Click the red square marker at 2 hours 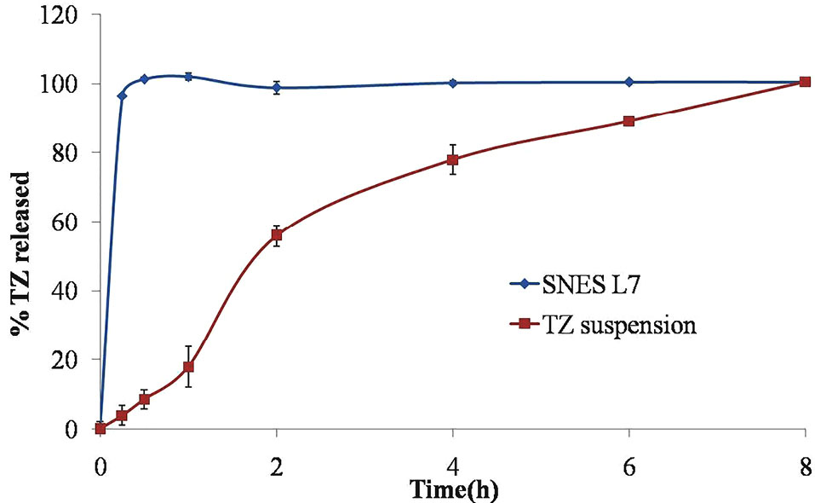[x=277, y=234]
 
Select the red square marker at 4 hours [x=452, y=159]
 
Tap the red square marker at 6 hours [x=628, y=121]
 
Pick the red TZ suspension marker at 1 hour [x=189, y=367]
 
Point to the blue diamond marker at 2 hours [x=277, y=88]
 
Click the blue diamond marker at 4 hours [x=452, y=83]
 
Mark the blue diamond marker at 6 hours [x=628, y=82]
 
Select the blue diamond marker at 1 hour [x=189, y=77]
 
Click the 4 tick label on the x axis [x=452, y=467]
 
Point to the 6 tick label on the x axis [x=628, y=467]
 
